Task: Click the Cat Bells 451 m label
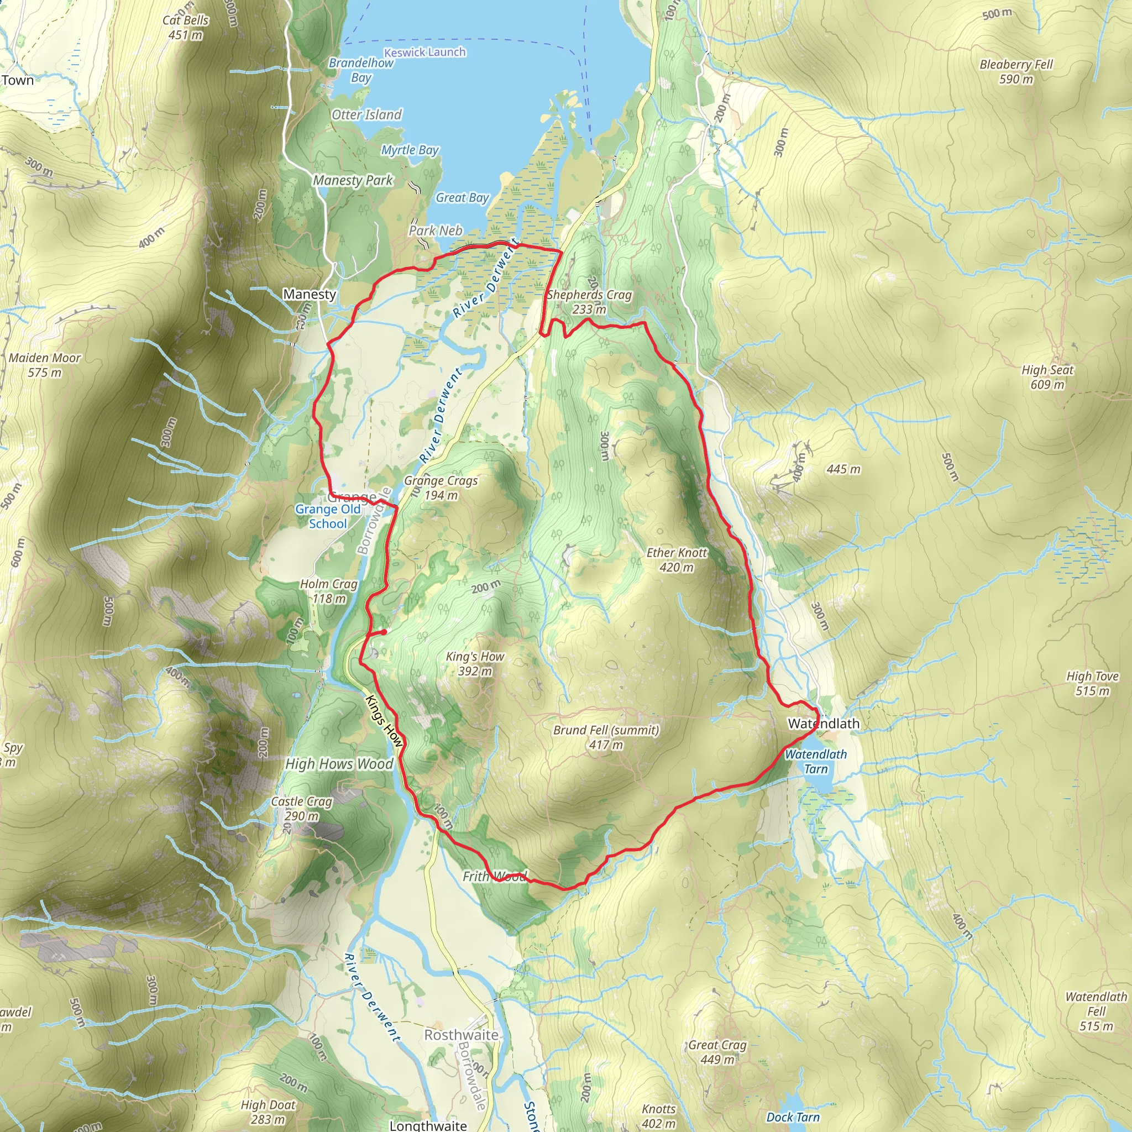(x=185, y=28)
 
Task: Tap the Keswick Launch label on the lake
(x=425, y=52)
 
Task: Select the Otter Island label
(x=367, y=114)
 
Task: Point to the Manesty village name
(x=310, y=294)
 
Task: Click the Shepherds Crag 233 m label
(x=589, y=302)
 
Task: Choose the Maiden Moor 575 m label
(x=45, y=364)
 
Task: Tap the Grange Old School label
(x=328, y=516)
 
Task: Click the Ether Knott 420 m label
(x=677, y=559)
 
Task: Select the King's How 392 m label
(x=475, y=663)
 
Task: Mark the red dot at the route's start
(x=382, y=632)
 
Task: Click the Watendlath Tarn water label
(x=816, y=762)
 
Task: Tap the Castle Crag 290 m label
(x=301, y=809)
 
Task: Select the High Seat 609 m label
(x=1047, y=377)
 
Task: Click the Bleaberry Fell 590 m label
(x=1016, y=71)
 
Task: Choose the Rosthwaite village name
(x=461, y=1035)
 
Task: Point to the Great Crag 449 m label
(x=717, y=1052)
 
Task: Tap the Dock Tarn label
(x=793, y=1117)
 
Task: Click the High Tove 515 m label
(x=1092, y=683)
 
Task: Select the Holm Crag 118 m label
(x=329, y=591)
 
